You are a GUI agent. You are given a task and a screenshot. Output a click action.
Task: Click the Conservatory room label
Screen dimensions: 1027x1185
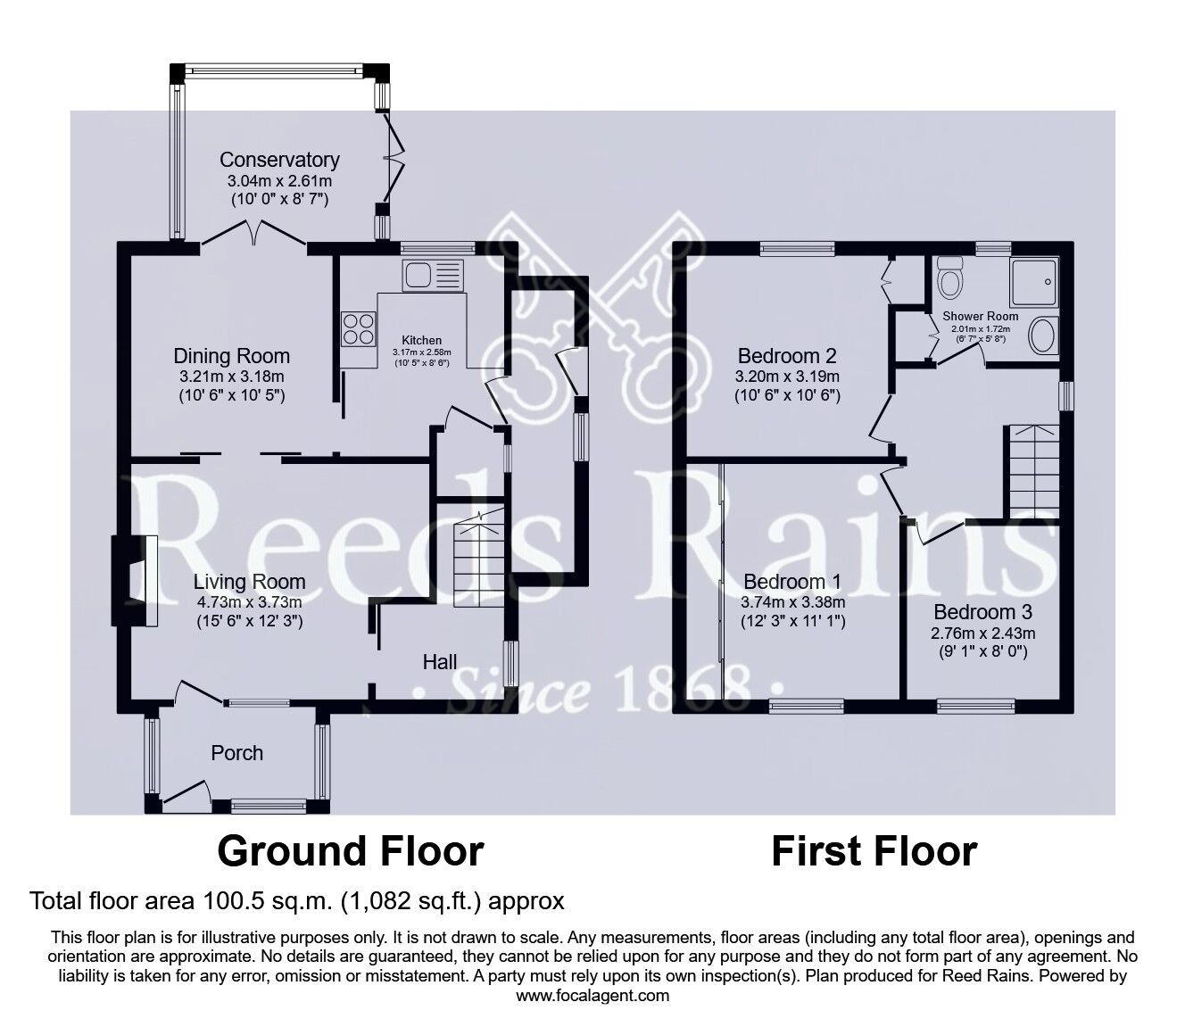pyautogui.click(x=279, y=160)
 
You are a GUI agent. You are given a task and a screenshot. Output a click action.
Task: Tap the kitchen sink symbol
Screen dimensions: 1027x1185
pyautogui.click(x=432, y=275)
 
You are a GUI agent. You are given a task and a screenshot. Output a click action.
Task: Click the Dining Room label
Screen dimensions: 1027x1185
pyautogui.click(x=231, y=356)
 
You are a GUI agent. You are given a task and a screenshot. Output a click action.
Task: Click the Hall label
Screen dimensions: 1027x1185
pyautogui.click(x=440, y=661)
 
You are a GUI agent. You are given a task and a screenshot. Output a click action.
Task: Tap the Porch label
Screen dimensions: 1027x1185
pyautogui.click(x=236, y=753)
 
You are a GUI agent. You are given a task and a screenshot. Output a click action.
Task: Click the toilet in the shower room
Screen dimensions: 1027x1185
pyautogui.click(x=951, y=277)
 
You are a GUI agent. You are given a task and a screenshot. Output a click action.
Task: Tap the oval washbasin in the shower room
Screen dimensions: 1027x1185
pyautogui.click(x=1041, y=337)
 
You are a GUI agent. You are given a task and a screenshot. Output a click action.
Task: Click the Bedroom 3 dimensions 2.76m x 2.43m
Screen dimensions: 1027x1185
pyautogui.click(x=982, y=634)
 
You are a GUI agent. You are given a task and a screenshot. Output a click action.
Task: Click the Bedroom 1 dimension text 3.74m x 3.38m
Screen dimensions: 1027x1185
pyautogui.click(x=792, y=601)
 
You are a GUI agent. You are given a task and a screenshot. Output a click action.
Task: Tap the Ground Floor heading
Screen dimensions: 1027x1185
pyautogui.click(x=350, y=851)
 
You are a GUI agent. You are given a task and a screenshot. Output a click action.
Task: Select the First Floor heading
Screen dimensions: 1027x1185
pyautogui.click(x=874, y=851)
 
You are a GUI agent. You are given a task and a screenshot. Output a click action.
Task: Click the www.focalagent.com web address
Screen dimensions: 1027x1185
pyautogui.click(x=592, y=996)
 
